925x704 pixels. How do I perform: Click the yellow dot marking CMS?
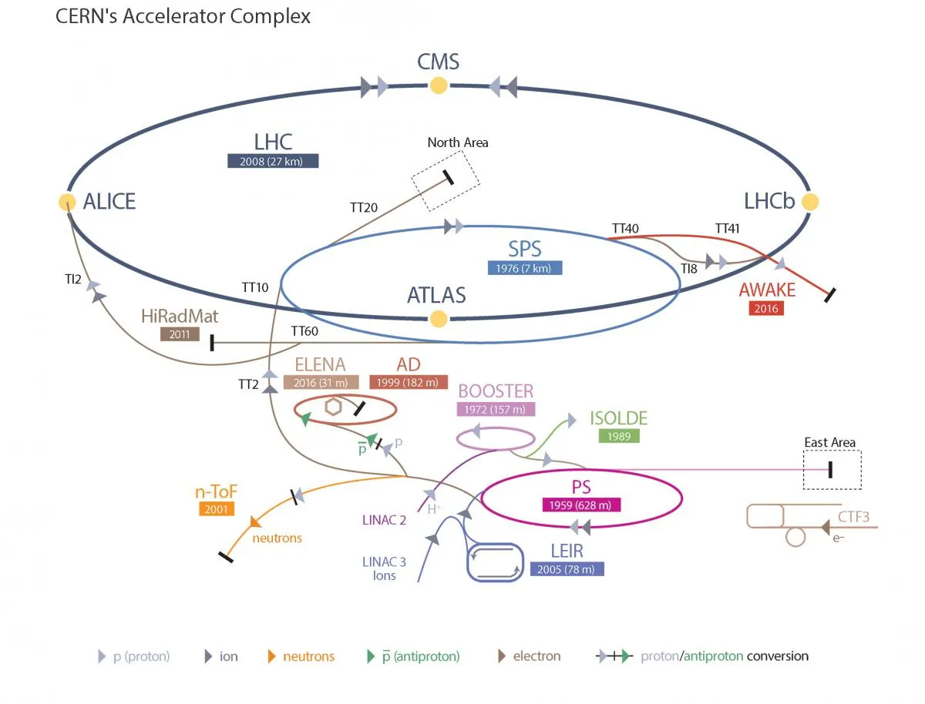pyautogui.click(x=439, y=85)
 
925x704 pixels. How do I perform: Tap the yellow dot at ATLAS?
pyautogui.click(x=439, y=319)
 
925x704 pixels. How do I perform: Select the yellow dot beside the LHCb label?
pyautogui.click(x=809, y=202)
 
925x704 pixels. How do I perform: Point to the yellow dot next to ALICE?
pyautogui.click(x=67, y=202)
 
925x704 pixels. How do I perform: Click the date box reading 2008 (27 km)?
pyautogui.click(x=273, y=161)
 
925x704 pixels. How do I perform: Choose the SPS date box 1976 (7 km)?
pyautogui.click(x=524, y=268)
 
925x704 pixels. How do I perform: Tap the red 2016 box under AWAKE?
pyautogui.click(x=766, y=309)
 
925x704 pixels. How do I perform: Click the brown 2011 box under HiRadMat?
pyautogui.click(x=180, y=334)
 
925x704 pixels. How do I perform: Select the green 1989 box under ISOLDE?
pyautogui.click(x=619, y=436)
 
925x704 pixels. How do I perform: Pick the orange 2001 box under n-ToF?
pyautogui.click(x=216, y=509)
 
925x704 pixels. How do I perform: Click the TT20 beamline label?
pyautogui.click(x=364, y=207)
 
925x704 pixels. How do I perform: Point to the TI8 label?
pyautogui.click(x=689, y=269)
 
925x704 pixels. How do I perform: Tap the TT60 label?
pyautogui.click(x=304, y=331)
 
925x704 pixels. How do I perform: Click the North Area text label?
pyautogui.click(x=458, y=142)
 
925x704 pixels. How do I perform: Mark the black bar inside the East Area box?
pyautogui.click(x=830, y=470)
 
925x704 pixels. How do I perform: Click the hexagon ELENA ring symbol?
pyautogui.click(x=333, y=407)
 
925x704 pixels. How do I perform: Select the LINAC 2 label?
pyautogui.click(x=384, y=520)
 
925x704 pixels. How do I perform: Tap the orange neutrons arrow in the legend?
pyautogui.click(x=271, y=656)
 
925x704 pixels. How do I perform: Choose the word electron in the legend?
pyautogui.click(x=536, y=656)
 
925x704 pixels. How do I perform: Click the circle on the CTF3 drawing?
pyautogui.click(x=795, y=537)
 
